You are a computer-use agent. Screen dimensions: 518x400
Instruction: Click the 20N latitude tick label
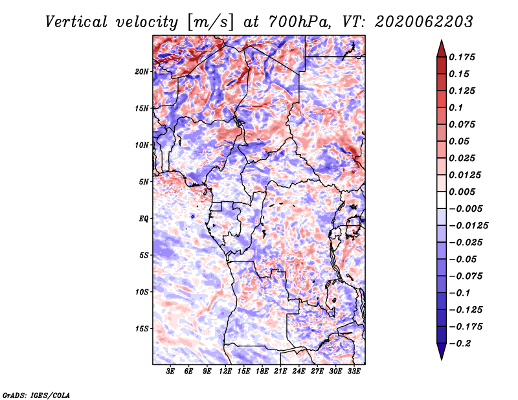[x=142, y=71]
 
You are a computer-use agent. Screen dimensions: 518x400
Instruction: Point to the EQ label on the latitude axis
[x=144, y=219]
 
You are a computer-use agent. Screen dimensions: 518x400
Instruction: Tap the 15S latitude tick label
[x=142, y=329]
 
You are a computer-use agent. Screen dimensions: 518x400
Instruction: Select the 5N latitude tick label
[x=144, y=182]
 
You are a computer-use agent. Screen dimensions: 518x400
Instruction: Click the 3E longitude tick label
[x=170, y=372]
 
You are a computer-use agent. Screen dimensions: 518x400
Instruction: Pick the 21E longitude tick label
[x=280, y=372]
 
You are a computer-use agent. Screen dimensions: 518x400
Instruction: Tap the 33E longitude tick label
[x=354, y=372]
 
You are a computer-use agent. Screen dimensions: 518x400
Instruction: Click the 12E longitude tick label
[x=225, y=372]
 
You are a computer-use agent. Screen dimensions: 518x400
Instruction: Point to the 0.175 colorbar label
[x=462, y=57]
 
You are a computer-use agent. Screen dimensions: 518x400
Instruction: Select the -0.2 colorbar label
[x=460, y=344]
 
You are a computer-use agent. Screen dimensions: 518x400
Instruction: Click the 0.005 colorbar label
[x=462, y=192]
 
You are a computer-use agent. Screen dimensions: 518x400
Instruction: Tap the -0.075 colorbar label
[x=466, y=276]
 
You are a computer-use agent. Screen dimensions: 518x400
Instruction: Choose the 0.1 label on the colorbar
[x=456, y=107]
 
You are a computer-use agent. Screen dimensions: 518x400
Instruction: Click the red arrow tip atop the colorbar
[x=442, y=41]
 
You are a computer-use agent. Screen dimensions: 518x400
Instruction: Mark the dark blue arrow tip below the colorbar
[x=442, y=359]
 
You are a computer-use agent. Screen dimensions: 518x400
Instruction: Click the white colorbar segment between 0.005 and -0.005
[x=442, y=200]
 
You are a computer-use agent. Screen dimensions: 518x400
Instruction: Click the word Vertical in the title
[x=76, y=22]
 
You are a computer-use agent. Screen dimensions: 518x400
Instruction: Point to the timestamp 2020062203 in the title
[x=424, y=22]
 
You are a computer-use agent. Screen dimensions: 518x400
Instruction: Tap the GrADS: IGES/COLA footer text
[x=36, y=395]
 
